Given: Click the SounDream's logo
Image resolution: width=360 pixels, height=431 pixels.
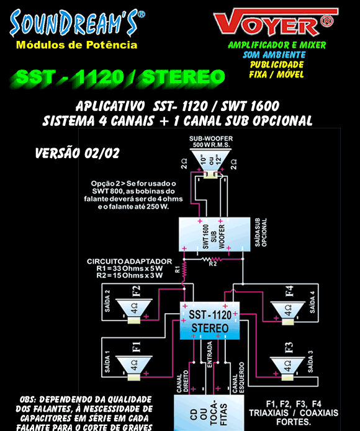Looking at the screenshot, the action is [77, 23].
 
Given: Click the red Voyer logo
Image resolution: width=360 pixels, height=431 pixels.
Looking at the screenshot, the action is [276, 22].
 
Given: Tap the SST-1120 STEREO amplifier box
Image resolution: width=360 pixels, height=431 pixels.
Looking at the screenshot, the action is [210, 321].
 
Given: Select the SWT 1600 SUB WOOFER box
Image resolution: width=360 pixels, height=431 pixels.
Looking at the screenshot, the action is [215, 234].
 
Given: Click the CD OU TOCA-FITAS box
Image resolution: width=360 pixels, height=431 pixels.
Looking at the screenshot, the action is [209, 413].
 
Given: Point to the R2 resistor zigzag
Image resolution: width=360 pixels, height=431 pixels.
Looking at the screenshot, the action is [212, 259].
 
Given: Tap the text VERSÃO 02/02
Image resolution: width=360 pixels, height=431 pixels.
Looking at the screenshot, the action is [78, 153].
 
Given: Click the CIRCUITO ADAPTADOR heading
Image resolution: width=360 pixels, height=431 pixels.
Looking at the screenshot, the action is [130, 262].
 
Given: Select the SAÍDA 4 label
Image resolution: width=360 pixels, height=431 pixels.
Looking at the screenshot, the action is [312, 302].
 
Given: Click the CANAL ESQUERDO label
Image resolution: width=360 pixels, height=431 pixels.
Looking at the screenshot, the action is [238, 378].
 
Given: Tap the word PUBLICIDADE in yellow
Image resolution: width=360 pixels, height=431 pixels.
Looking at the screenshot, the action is [277, 64].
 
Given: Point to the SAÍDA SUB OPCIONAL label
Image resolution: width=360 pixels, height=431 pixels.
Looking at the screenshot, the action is [261, 233].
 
